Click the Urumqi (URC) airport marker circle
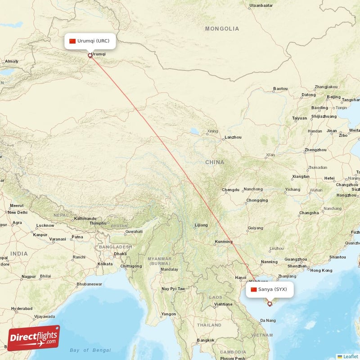coord(90,56)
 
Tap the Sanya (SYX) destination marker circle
coord(270,304)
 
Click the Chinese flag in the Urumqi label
coord(72,41)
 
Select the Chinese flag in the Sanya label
coord(254,289)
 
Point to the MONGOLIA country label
coord(222,29)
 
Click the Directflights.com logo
coord(34,338)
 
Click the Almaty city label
coord(11,61)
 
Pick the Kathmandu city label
coord(85,218)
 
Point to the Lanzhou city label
coord(233,137)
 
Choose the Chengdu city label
coord(230,190)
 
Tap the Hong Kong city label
coord(321,270)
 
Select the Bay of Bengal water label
coord(90,350)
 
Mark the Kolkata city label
coord(105,264)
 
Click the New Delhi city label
coord(18,212)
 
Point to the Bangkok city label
coord(205,340)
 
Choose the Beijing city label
coord(333,97)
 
